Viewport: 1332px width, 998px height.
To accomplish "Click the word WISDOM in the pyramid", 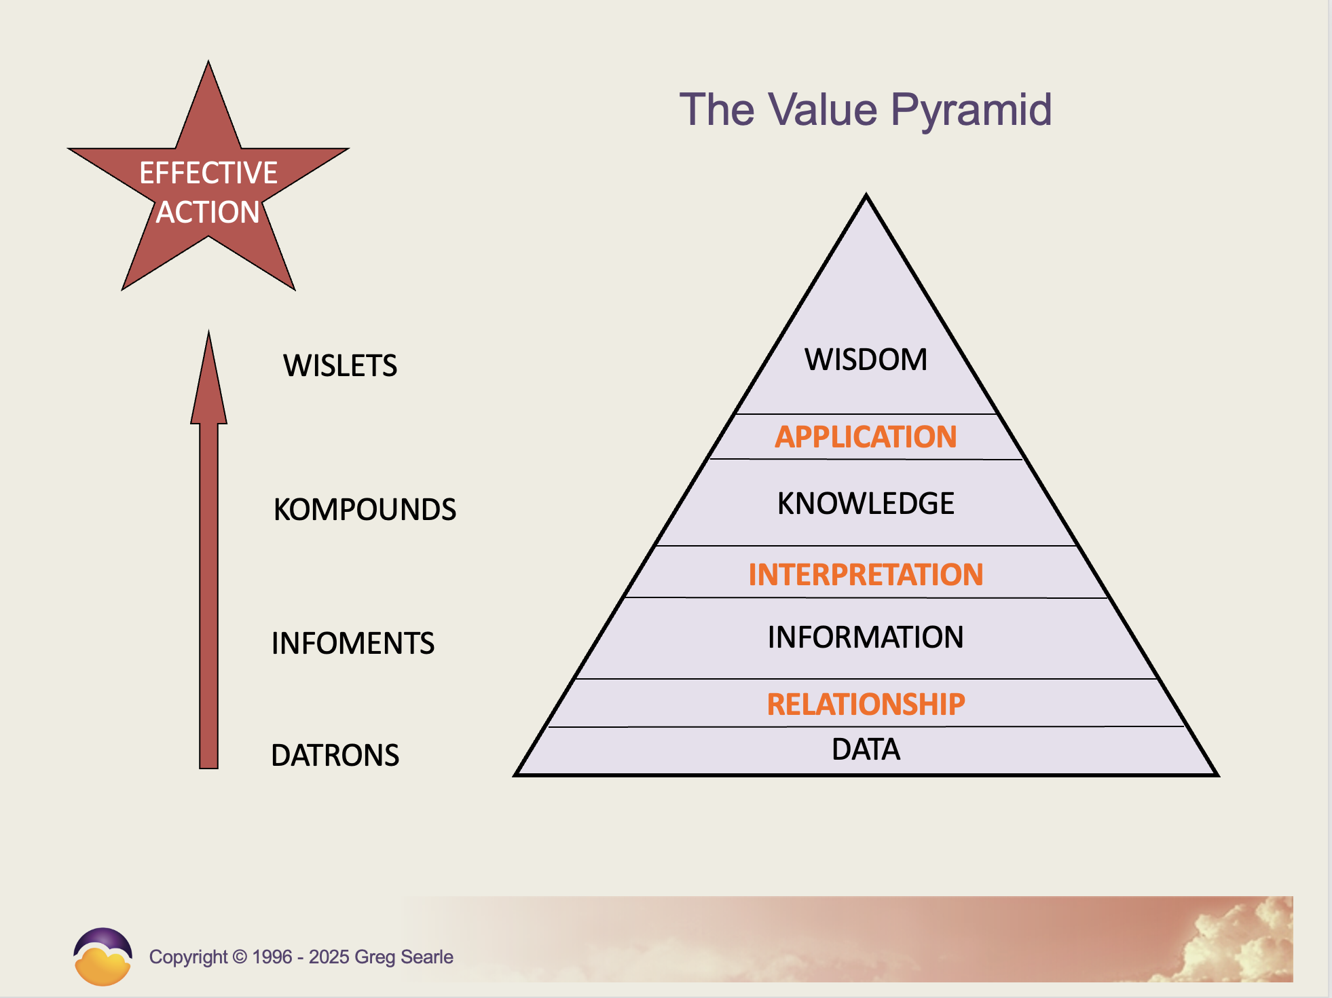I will [x=866, y=360].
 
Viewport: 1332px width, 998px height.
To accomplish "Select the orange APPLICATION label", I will [x=866, y=437].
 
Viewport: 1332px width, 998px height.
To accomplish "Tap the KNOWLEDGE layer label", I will [x=866, y=504].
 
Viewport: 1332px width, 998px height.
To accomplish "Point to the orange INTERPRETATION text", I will [x=866, y=575].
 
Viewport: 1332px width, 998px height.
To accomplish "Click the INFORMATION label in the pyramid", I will [x=866, y=637].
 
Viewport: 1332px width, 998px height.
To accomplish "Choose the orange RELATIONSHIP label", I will [x=866, y=705].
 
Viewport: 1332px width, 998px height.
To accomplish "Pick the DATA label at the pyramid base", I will [x=866, y=750].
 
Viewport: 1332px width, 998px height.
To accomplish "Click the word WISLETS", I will [x=340, y=366].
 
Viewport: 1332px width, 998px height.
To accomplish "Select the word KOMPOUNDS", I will [x=365, y=510].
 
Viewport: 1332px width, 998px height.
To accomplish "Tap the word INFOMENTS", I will [x=352, y=644].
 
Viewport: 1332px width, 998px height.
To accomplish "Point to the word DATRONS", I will [x=335, y=756].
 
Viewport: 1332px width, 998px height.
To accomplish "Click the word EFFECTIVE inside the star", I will [x=208, y=173].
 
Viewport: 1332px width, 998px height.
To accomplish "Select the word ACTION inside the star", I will [x=208, y=212].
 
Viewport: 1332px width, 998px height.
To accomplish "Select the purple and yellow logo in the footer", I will [x=103, y=957].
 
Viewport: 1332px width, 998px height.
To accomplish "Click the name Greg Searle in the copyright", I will [x=403, y=957].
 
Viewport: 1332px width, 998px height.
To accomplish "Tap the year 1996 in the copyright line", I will [x=272, y=957].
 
